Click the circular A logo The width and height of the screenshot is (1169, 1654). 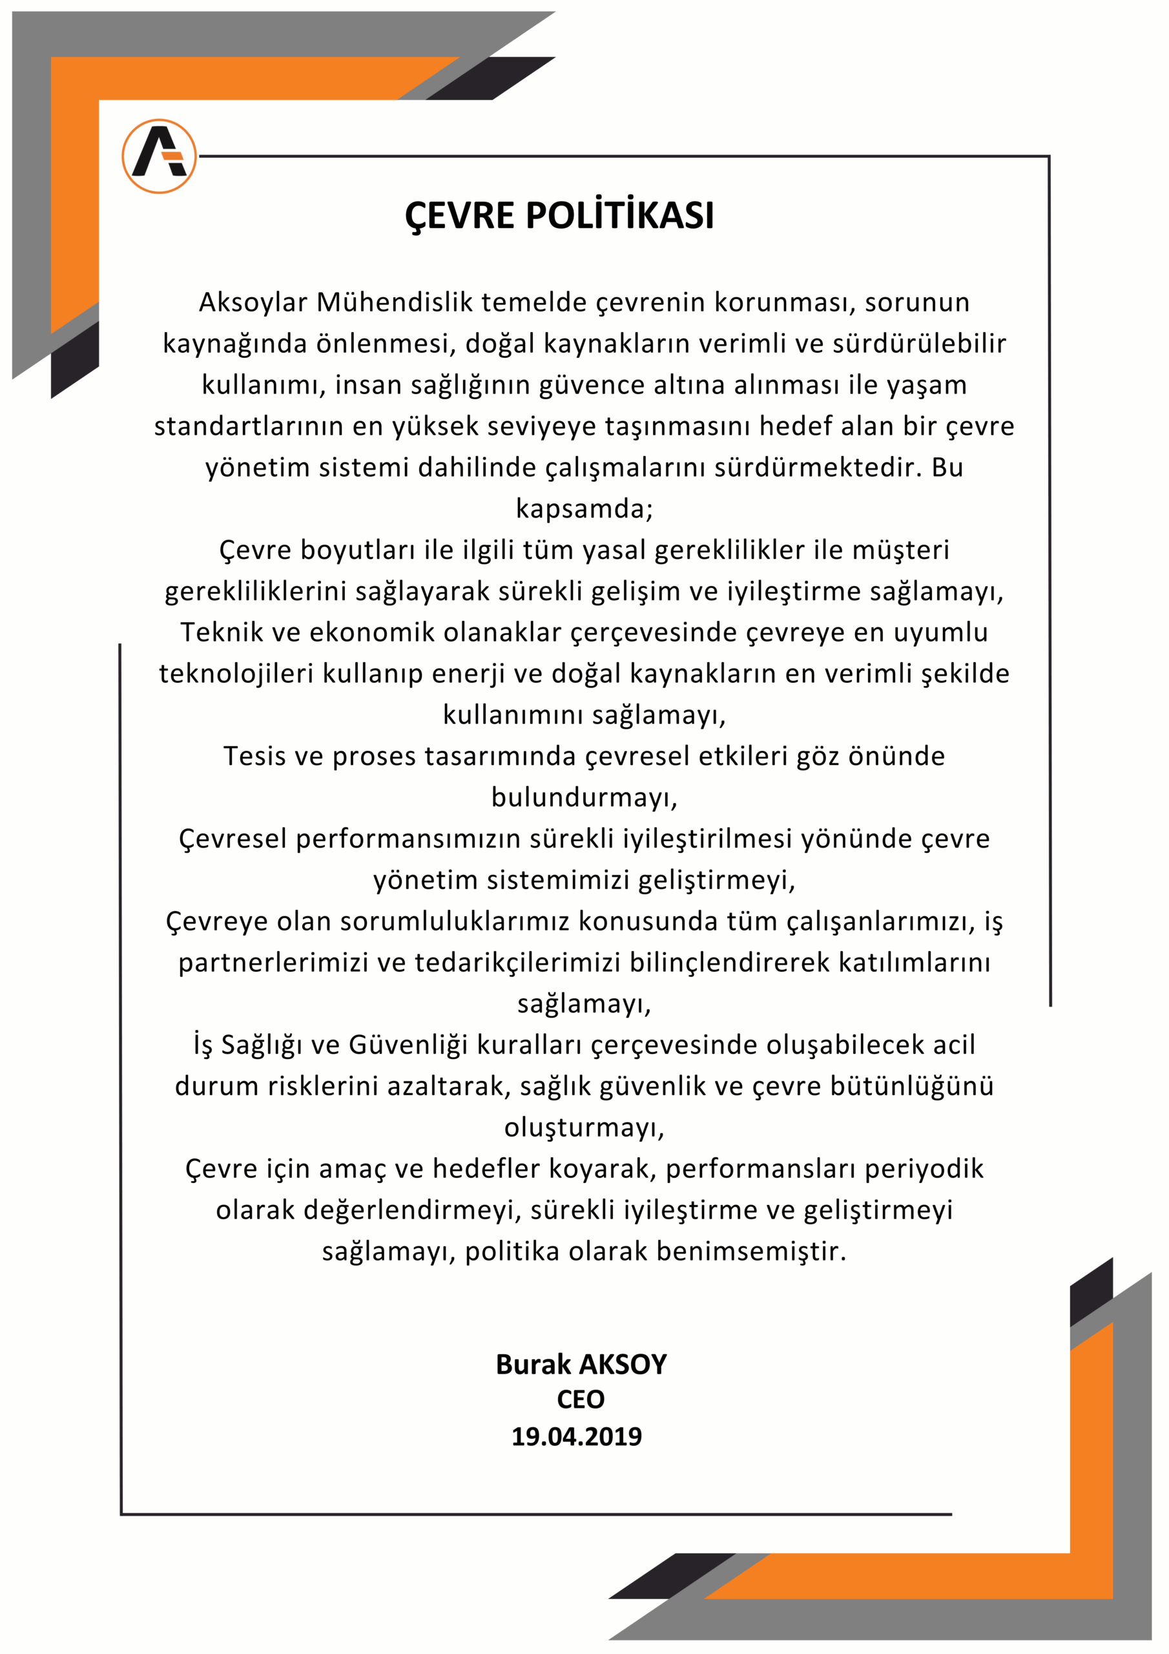[159, 156]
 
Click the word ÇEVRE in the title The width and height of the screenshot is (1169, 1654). [460, 215]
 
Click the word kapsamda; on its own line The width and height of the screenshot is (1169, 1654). [584, 508]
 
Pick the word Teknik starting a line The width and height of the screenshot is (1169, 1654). [221, 633]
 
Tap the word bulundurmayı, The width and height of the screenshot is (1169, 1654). [584, 797]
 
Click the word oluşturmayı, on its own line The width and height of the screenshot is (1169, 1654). [584, 1127]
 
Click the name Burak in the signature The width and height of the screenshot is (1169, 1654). [533, 1365]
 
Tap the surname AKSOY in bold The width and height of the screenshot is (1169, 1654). [623, 1365]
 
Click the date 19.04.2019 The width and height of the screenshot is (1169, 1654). [576, 1436]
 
